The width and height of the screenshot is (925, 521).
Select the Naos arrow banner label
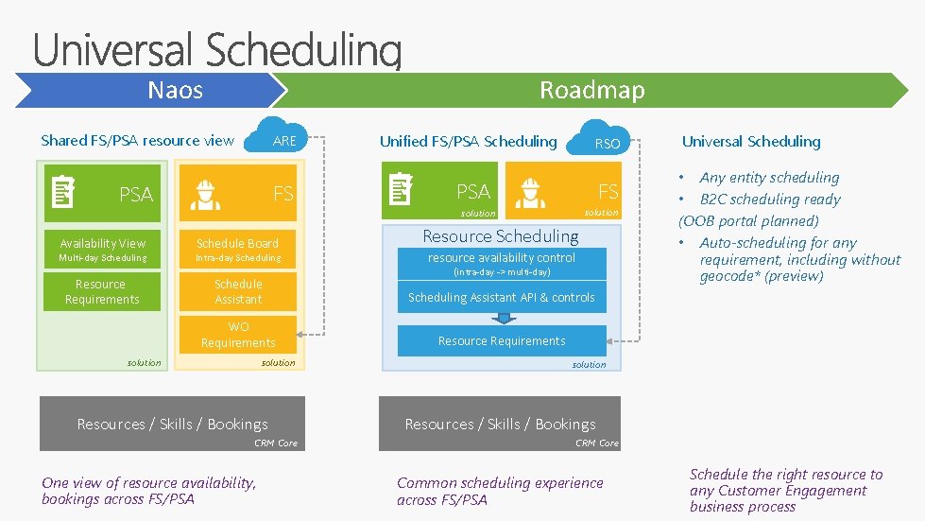tap(176, 90)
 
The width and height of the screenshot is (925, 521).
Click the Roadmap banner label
tap(591, 90)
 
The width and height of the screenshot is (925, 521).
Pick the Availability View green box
tap(102, 250)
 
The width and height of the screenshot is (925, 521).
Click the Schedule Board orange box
tap(237, 250)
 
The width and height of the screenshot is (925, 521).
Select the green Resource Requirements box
tap(102, 291)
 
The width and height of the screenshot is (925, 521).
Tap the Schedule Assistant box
tap(237, 291)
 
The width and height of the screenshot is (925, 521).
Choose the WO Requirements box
tap(237, 335)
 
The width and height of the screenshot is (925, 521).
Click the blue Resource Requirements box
tap(502, 340)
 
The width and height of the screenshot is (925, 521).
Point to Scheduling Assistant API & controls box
tap(502, 297)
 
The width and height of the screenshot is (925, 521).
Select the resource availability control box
tap(502, 263)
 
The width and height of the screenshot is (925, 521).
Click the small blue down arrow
tap(502, 319)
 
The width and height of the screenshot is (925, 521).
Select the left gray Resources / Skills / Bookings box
tap(172, 424)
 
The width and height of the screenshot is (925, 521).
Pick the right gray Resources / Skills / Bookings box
tap(500, 424)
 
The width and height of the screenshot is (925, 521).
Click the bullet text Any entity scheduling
tap(769, 178)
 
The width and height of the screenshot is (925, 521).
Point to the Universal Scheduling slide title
tap(217, 49)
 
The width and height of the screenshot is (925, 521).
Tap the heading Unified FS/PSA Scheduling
tap(468, 142)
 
